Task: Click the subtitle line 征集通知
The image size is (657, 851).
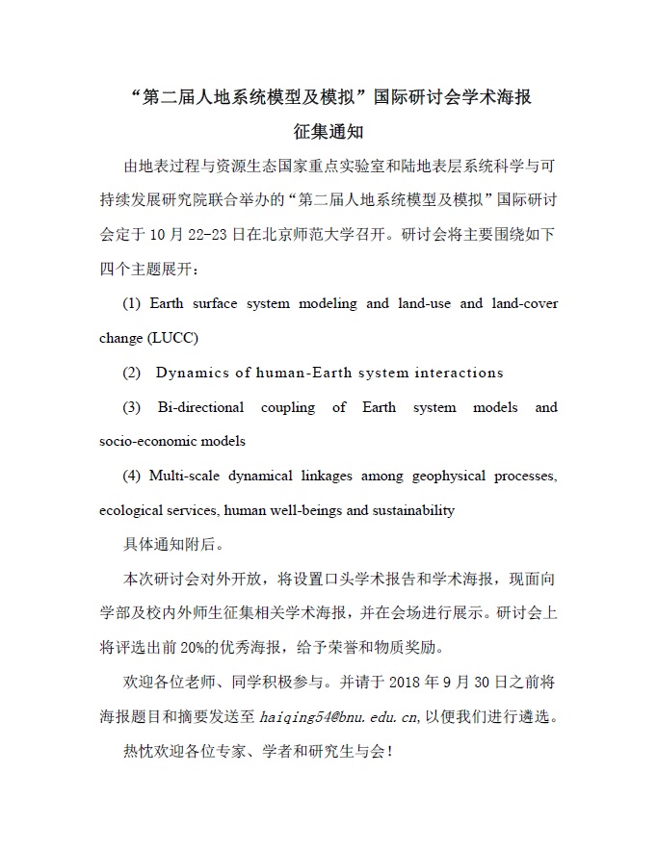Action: (328, 131)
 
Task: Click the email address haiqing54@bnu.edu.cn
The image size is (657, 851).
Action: (340, 716)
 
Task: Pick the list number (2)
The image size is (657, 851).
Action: (132, 373)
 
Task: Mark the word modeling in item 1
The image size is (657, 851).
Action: (328, 303)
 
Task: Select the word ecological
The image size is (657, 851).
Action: (133, 510)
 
